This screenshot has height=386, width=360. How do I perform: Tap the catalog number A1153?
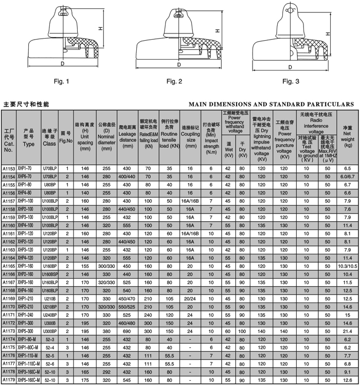pyautogui.click(x=9, y=168)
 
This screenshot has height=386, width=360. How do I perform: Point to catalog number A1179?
pyautogui.click(x=9, y=380)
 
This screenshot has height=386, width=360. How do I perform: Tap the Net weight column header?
pyautogui.click(x=348, y=136)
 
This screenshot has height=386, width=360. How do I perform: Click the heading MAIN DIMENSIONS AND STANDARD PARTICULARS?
pyautogui.click(x=271, y=104)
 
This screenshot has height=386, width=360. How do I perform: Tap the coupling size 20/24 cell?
pyautogui.click(x=190, y=298)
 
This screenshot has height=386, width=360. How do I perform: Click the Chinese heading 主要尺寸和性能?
pyautogui.click(x=26, y=104)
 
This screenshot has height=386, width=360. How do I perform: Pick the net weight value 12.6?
pyautogui.click(x=348, y=380)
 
